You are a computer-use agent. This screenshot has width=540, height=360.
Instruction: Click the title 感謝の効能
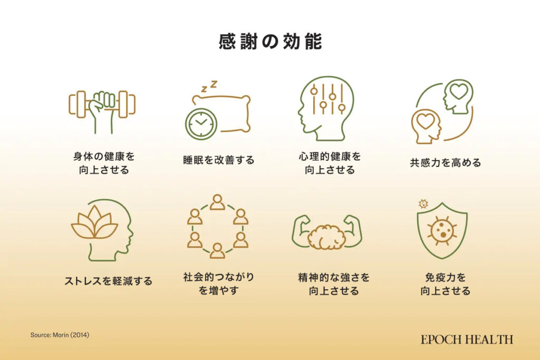click(x=271, y=42)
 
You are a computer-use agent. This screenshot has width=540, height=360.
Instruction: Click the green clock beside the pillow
click(x=201, y=124)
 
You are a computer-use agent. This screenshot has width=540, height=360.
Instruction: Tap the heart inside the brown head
click(x=425, y=121)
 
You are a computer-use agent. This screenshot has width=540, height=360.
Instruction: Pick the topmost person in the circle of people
click(x=217, y=202)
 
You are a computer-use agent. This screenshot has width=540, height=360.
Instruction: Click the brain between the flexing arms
click(x=326, y=237)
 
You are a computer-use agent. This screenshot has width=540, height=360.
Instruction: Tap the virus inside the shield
click(x=442, y=230)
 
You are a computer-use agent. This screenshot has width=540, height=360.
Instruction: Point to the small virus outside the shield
click(x=423, y=204)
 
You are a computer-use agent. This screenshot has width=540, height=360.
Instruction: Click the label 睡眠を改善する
click(x=219, y=160)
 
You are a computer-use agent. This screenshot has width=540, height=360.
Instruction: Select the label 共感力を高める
click(x=445, y=162)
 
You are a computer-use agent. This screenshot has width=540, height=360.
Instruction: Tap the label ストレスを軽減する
click(x=108, y=281)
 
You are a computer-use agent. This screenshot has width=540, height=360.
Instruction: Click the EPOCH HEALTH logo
click(x=467, y=339)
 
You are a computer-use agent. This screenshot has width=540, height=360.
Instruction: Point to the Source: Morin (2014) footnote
click(x=60, y=335)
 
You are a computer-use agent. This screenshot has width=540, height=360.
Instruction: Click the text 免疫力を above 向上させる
click(x=445, y=277)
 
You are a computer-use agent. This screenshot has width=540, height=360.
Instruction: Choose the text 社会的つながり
click(x=219, y=277)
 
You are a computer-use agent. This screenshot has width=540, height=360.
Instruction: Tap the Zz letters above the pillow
click(x=209, y=86)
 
